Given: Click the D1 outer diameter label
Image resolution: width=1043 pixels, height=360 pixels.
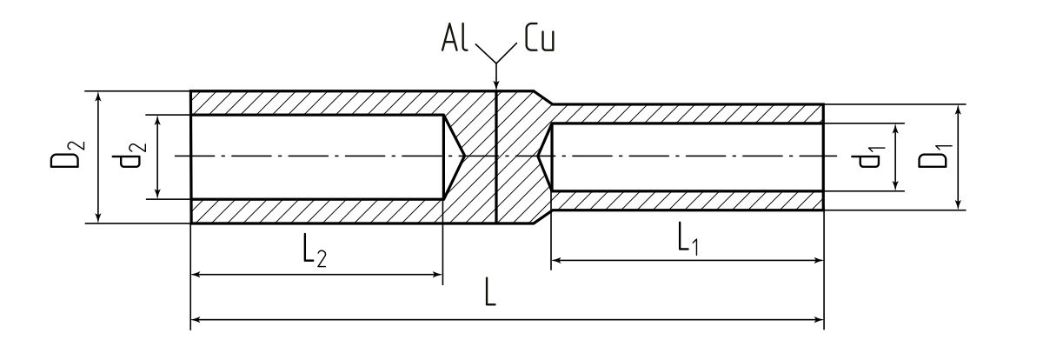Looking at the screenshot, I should tap(931, 157).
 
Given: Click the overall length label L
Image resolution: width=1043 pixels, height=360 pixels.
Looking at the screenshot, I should tap(491, 294).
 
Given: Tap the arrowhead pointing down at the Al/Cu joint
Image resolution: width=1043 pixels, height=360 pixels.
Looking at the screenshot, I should tap(495, 85).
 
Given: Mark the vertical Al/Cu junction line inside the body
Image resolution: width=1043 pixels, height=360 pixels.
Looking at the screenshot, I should tap(495, 174).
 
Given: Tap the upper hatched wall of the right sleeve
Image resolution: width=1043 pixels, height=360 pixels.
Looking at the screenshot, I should tap(687, 113).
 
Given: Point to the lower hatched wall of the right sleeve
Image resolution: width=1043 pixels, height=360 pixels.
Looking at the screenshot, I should tap(687, 200).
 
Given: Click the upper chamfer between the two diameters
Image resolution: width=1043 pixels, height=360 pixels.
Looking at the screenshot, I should tap(541, 97).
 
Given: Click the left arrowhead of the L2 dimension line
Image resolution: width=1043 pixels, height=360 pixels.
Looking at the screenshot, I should tap(196, 275).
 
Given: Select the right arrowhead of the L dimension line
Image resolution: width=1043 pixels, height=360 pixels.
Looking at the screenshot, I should tap(818, 319).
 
